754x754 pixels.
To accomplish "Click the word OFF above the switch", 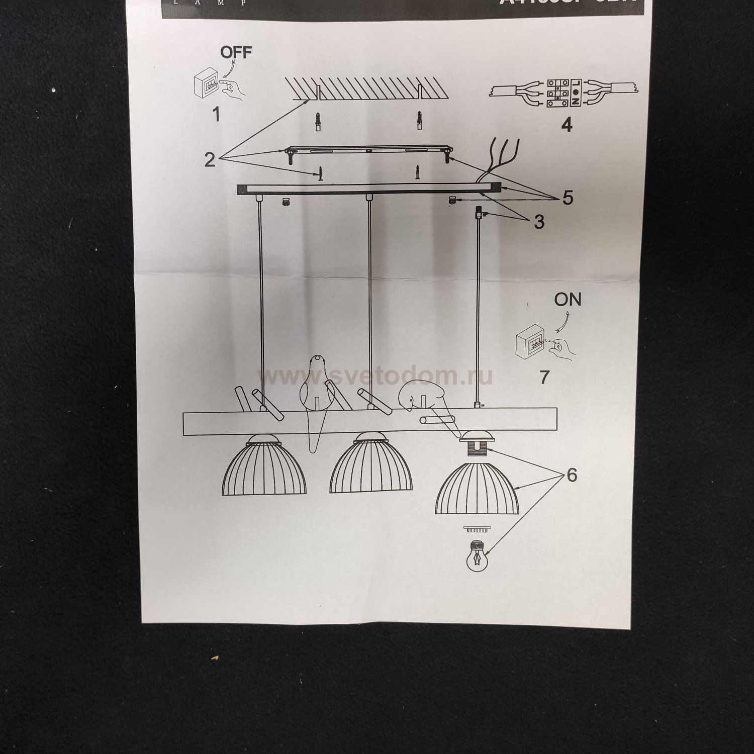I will coord(236,53).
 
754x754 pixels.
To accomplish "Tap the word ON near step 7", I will coord(568,300).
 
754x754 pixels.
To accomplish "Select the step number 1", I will coord(216,115).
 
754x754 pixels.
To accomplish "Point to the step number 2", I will coord(210,160).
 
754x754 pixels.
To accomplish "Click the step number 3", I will coord(539,222).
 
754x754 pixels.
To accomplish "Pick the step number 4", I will coord(567,124).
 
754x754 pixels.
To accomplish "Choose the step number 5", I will coord(568,198).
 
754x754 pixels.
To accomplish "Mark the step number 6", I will coord(572,475).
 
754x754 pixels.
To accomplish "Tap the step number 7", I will coord(544,376).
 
